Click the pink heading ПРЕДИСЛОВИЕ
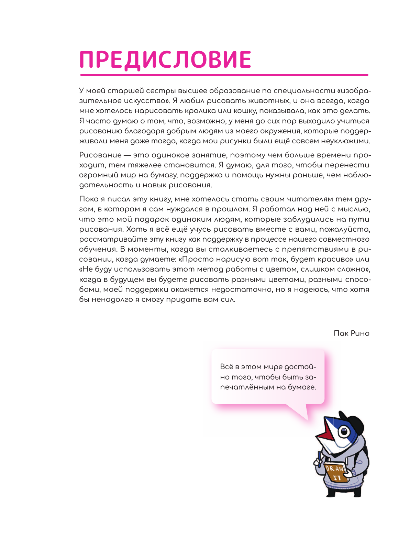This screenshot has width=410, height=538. tap(165, 60)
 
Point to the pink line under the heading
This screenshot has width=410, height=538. tap(224, 75)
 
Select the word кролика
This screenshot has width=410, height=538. tap(200, 111)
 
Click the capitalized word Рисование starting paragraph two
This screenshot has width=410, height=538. tap(100, 155)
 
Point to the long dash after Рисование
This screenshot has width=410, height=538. tap(127, 155)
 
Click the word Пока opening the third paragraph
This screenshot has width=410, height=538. tap(89, 199)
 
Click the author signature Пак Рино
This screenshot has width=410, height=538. tap(351, 333)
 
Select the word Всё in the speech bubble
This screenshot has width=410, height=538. tap(227, 367)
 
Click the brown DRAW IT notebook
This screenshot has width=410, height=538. tap(334, 472)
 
